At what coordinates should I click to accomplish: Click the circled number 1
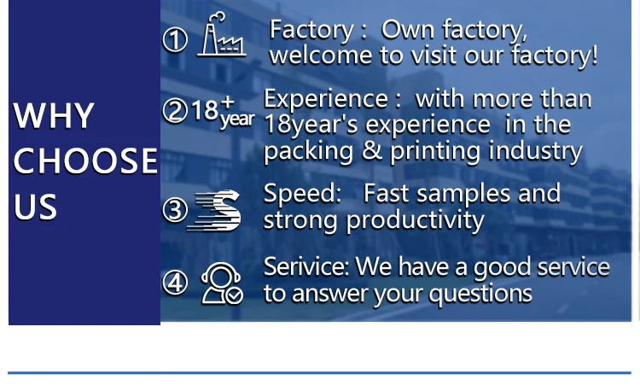(175, 39)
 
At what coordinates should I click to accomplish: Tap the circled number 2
(175, 110)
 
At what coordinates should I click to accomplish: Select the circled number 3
(175, 210)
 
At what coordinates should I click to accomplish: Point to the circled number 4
(175, 283)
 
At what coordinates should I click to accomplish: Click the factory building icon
(222, 34)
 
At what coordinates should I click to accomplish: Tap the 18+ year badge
(223, 112)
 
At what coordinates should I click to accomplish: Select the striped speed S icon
(214, 211)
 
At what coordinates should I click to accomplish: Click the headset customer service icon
(222, 283)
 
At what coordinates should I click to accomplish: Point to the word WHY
(54, 115)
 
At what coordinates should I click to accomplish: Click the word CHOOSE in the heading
(85, 160)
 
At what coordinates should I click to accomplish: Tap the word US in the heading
(35, 207)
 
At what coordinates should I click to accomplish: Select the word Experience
(326, 100)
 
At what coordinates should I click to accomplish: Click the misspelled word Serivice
(306, 266)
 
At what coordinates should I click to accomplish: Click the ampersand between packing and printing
(371, 150)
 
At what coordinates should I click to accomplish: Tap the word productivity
(415, 221)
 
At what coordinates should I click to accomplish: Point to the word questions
(480, 294)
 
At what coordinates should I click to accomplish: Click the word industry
(535, 151)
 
